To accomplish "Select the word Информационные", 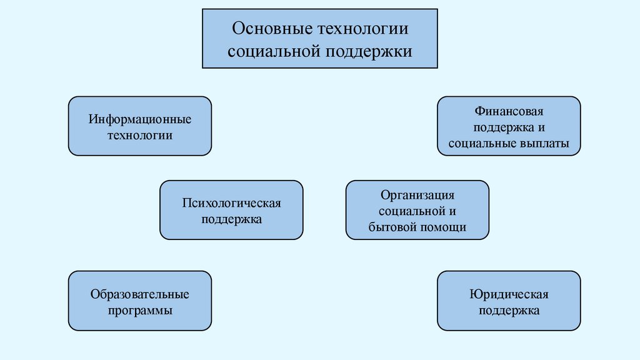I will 139,118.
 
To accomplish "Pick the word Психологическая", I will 231,203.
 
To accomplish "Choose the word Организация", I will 417,195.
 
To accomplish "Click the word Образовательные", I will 139,293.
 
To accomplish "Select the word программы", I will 139,309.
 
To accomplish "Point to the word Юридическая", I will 509,293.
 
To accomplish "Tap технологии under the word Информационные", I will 139,134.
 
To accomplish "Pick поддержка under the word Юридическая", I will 509,309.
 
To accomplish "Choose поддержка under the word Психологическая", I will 231,219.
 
